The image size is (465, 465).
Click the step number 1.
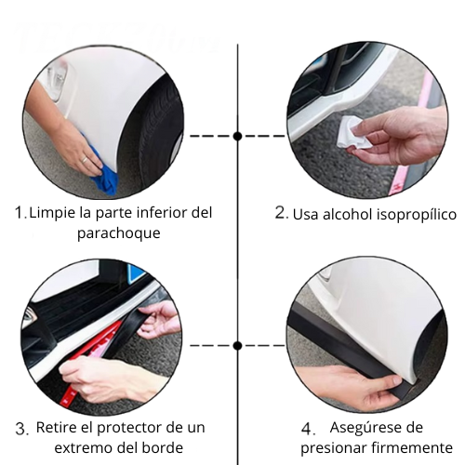[x=20, y=212]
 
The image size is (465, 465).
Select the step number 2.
[x=281, y=213]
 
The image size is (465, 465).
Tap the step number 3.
[x=21, y=429]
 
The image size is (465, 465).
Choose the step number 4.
[x=309, y=429]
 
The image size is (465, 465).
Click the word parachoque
[x=118, y=233]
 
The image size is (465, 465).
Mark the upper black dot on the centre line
[x=238, y=136]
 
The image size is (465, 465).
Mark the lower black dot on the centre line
[x=238, y=345]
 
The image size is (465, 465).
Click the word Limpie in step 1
[x=48, y=213]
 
